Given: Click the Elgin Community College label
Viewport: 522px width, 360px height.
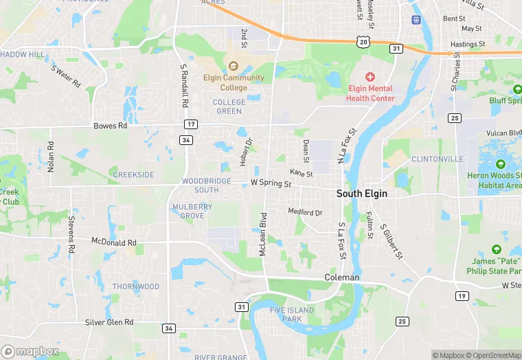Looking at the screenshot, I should [234, 82].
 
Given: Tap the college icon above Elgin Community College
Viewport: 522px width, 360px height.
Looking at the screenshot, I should [234, 67].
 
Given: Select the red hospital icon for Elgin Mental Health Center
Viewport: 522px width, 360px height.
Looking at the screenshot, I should [370, 77].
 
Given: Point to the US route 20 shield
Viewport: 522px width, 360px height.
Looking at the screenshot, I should [363, 43].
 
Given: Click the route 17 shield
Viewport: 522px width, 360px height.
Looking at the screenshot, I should [190, 124].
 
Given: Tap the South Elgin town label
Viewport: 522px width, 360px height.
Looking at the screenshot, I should [361, 194].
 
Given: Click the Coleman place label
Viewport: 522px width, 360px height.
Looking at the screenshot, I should [341, 278].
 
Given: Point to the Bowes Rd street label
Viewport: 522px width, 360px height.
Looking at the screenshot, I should [111, 126].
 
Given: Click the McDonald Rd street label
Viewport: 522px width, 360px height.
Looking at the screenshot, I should [114, 243].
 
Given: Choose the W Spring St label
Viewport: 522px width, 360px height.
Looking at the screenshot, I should [271, 184].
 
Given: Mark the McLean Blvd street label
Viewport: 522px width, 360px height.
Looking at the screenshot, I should [262, 235].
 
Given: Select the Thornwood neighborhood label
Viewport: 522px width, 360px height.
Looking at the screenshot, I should [136, 286].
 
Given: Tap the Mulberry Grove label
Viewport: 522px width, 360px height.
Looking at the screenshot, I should [193, 211].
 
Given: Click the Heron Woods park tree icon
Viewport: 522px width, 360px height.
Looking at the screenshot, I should [499, 164].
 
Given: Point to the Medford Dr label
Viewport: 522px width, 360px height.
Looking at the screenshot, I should [305, 212].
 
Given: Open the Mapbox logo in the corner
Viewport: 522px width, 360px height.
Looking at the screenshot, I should [30, 351].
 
